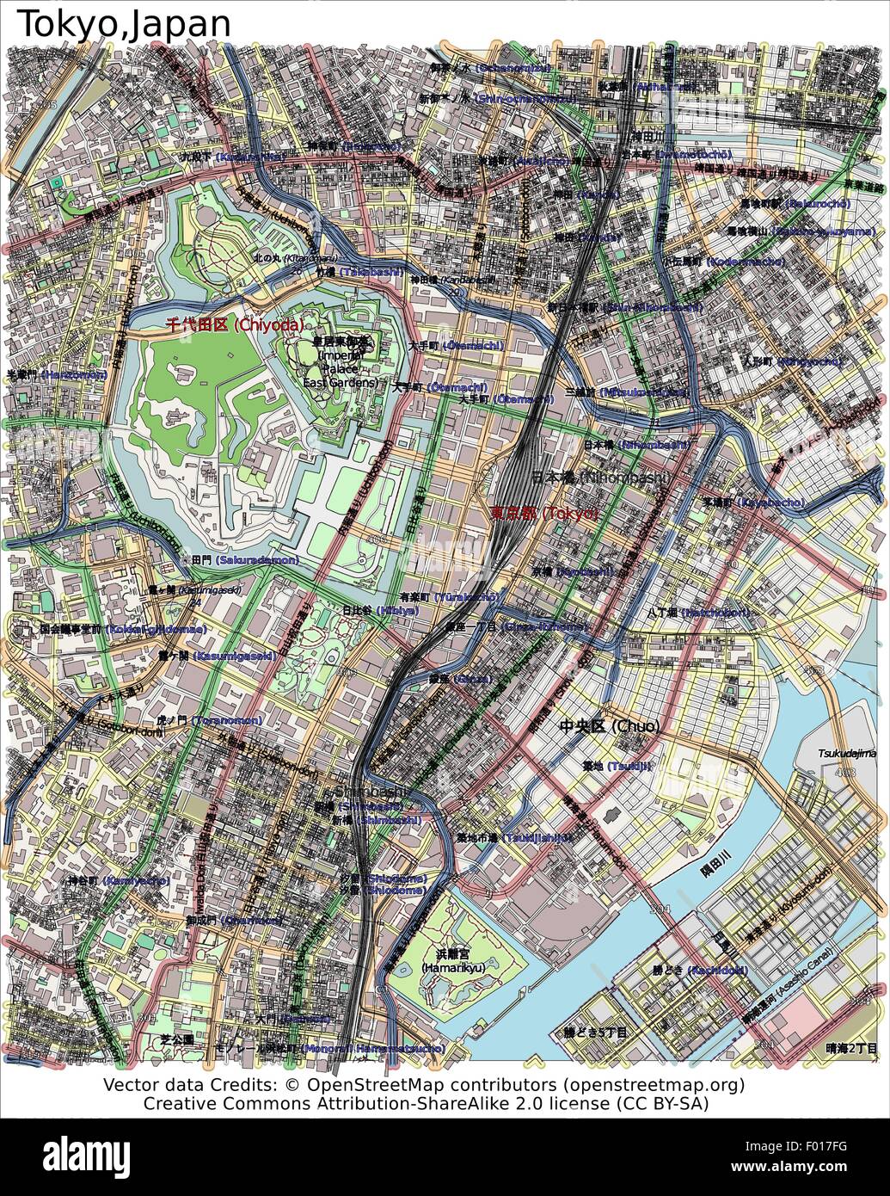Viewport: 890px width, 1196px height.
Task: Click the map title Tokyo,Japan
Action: pos(125,23)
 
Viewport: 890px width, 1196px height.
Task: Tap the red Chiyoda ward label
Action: pos(235,324)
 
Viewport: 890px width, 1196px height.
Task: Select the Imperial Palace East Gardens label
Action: pos(341,361)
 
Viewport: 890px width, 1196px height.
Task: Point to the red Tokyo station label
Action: pos(543,513)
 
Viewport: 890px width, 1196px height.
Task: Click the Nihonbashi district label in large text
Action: pos(601,477)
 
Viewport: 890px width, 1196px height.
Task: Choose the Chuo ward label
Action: pos(610,726)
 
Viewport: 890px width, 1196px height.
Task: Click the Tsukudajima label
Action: pos(846,753)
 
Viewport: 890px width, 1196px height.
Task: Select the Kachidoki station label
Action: pos(699,970)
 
